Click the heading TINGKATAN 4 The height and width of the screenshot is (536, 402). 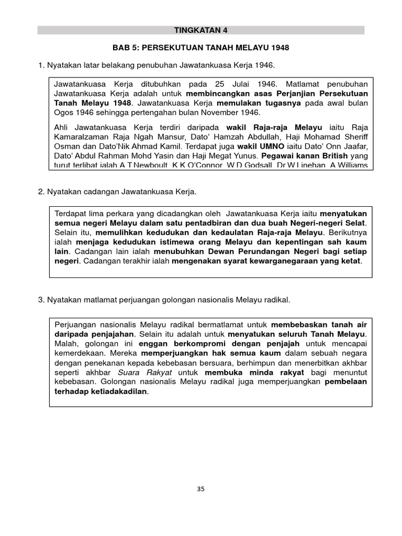(x=201, y=30)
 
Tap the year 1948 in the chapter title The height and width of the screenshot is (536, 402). (x=279, y=48)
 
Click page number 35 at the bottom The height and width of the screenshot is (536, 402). (x=201, y=489)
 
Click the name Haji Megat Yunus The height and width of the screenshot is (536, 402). (x=230, y=155)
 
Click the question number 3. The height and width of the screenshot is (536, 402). (x=40, y=300)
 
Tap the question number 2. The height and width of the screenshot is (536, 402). (x=40, y=192)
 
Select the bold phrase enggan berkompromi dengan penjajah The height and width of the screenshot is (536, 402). (x=219, y=344)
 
